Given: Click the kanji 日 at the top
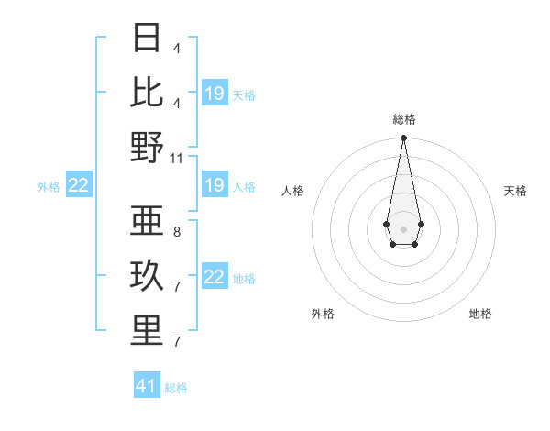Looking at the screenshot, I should [147, 39].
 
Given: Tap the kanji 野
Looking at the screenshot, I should [147, 147].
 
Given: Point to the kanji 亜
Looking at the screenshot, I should [147, 221].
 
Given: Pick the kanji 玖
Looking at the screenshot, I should [147, 276].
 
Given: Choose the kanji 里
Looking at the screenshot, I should [147, 331].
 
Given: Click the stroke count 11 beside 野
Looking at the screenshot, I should [177, 158].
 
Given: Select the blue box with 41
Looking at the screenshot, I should [147, 386].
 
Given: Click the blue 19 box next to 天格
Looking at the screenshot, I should [214, 94].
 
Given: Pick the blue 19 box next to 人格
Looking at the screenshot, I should [214, 186].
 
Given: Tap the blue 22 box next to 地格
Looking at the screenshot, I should [214, 278].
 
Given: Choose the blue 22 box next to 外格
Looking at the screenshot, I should [79, 186].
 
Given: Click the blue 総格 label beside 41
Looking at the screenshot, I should [176, 388].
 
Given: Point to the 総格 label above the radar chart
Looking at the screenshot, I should [403, 119].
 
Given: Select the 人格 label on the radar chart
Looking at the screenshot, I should [292, 191].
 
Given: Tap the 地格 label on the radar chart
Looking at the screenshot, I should [480, 314].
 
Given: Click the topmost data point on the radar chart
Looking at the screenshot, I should [403, 138].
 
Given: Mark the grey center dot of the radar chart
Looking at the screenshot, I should [403, 228].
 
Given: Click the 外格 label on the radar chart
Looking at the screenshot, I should [323, 314].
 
